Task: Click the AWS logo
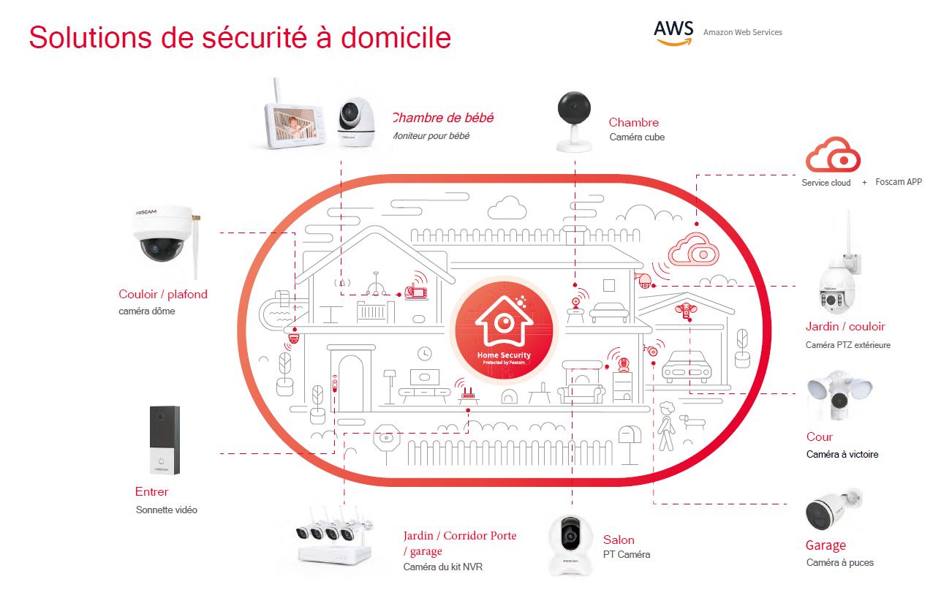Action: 673,33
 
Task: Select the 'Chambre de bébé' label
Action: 443,118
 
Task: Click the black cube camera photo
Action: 574,121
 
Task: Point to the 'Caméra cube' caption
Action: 637,137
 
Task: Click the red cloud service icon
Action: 833,156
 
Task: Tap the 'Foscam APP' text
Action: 899,182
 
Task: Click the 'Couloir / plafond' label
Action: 163,295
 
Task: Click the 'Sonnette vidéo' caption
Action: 167,510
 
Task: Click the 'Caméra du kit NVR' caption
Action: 443,567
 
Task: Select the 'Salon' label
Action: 619,540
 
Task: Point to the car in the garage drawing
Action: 688,364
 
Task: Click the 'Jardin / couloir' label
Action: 845,326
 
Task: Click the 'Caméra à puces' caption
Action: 840,562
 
